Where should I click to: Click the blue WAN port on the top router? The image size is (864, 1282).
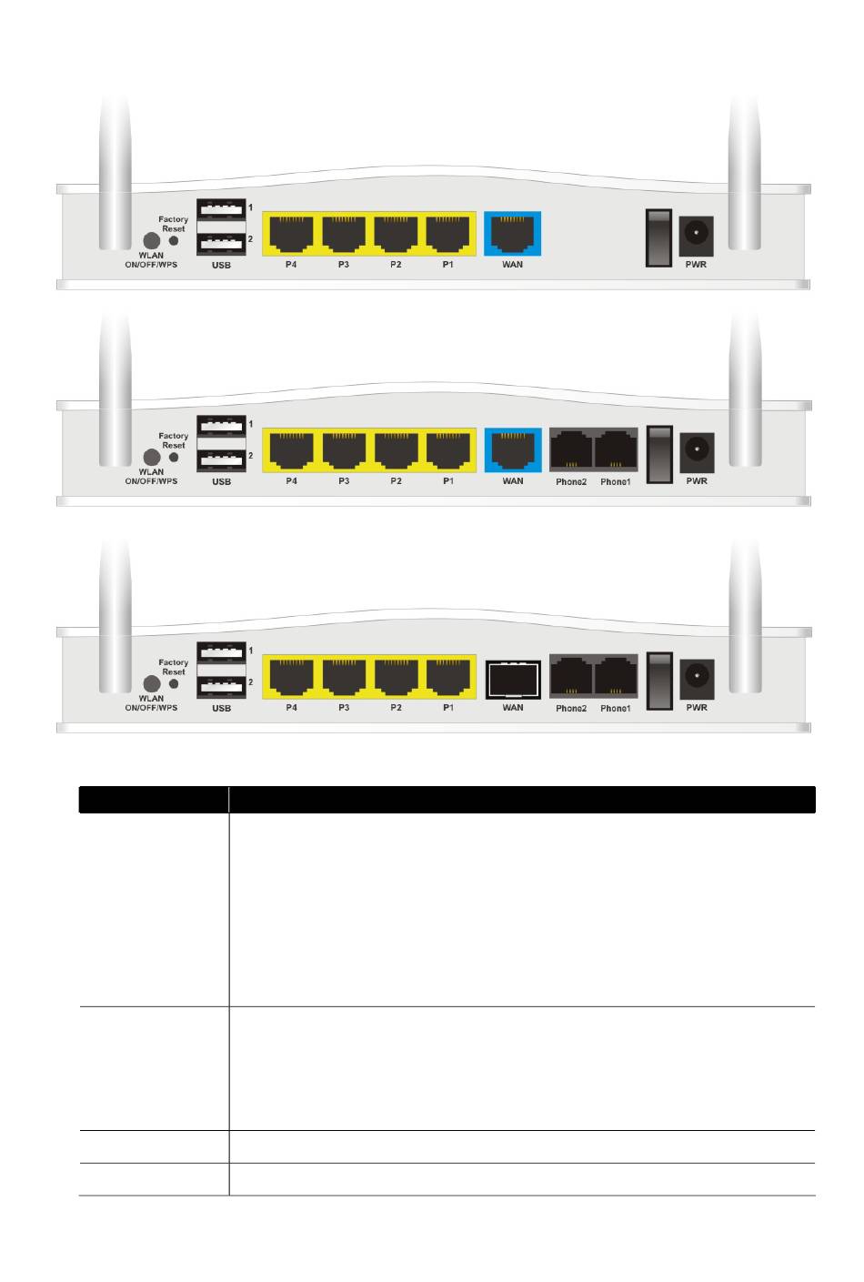pos(512,234)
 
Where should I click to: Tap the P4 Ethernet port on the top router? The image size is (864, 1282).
pos(291,234)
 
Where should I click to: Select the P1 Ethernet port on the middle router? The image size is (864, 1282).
pos(448,450)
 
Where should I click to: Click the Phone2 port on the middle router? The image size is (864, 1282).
pos(571,450)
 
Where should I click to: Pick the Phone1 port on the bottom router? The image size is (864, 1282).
pos(616,677)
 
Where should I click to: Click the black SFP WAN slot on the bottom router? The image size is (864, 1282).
pos(513,678)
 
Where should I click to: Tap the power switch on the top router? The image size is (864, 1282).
pos(658,237)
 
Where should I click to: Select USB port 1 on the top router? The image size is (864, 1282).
pos(221,209)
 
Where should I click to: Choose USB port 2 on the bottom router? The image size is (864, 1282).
pos(221,683)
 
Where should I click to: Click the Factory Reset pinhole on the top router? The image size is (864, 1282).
pos(174,241)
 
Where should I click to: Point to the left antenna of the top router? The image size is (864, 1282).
pos(116,173)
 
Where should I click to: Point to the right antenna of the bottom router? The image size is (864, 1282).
pos(745,619)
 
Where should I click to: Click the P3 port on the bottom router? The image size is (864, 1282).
pos(344,677)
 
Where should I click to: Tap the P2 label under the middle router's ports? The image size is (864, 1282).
pos(396,481)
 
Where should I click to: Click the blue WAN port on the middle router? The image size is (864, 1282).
pos(512,450)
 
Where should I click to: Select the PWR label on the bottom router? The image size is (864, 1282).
pos(697,708)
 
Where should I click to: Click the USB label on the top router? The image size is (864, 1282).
pos(221,266)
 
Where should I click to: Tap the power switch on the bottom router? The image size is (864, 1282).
pos(659,681)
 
